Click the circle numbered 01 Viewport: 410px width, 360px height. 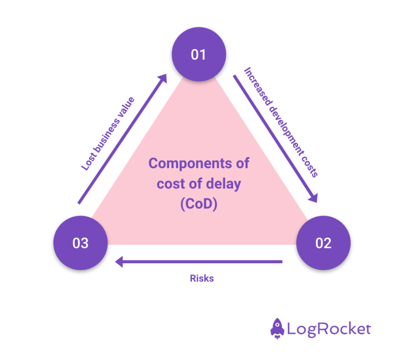coord(198,55)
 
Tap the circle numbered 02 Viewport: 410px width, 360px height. coord(323,243)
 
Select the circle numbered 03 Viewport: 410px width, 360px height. coord(81,243)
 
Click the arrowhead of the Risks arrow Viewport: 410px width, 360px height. coord(119,262)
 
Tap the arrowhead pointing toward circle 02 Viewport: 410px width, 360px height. coord(313,197)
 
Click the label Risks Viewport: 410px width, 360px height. coord(202,278)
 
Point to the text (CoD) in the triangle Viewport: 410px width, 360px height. coord(198,204)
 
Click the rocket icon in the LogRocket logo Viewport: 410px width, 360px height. coord(277,329)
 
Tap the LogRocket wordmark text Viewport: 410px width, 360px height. coord(329,329)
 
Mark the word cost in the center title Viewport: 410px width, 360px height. coord(169,184)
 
